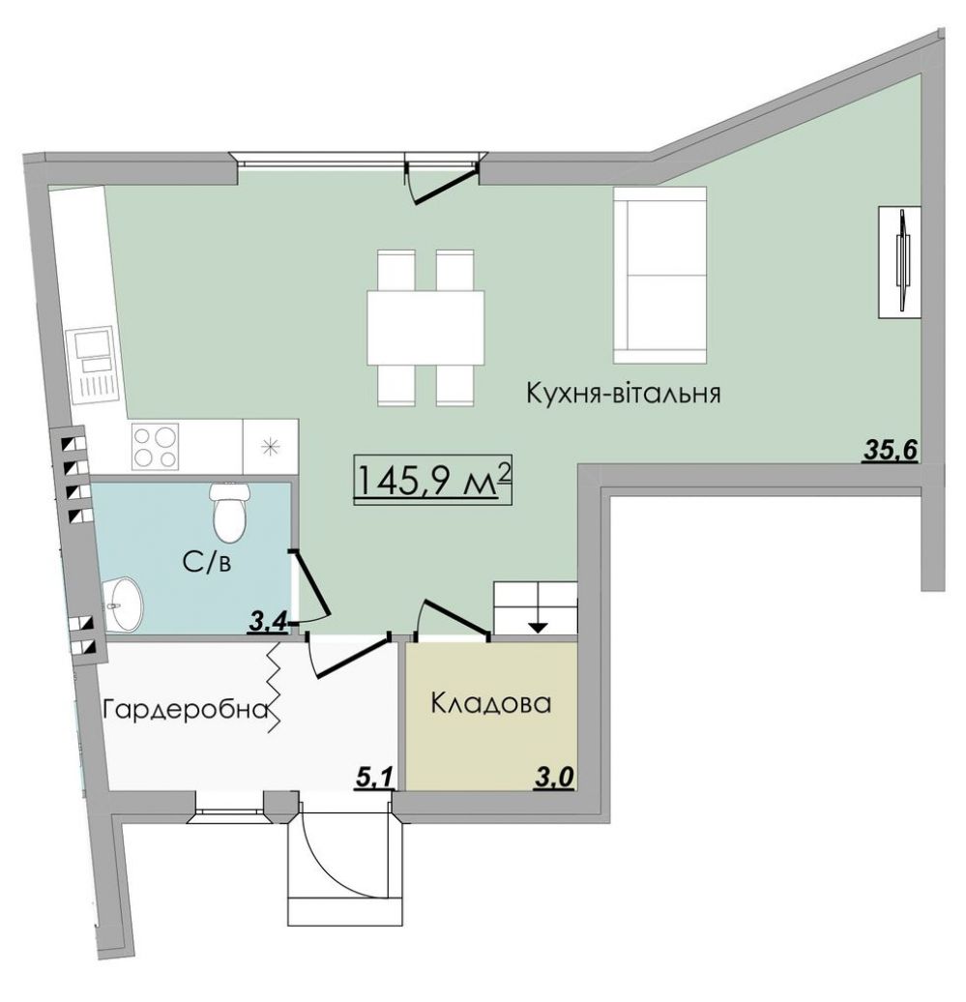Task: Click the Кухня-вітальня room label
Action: (x=624, y=393)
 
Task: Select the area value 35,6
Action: (x=891, y=450)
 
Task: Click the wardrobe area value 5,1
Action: (x=372, y=779)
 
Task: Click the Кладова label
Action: (x=490, y=703)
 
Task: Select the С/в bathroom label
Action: (x=206, y=562)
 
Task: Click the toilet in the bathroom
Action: (x=229, y=511)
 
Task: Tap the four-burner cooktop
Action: (x=156, y=446)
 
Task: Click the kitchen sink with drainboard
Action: (x=96, y=366)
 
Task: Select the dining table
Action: (x=425, y=328)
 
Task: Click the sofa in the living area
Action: (x=660, y=276)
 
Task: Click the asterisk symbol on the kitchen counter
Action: (x=272, y=446)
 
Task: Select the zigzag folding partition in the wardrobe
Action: (x=275, y=687)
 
